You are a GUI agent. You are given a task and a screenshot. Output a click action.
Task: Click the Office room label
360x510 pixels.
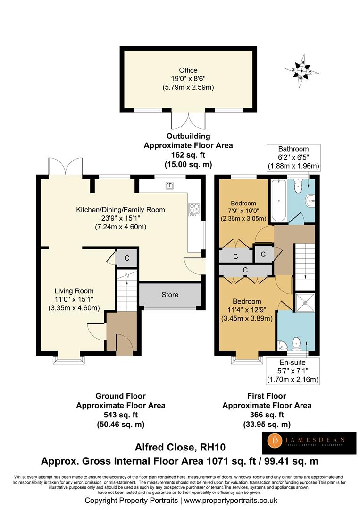[188, 70]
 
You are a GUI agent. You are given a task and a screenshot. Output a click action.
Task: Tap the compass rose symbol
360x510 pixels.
[301, 70]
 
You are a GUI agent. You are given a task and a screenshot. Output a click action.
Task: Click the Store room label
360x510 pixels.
[170, 295]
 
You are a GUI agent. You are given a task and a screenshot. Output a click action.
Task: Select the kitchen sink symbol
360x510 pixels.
[169, 186]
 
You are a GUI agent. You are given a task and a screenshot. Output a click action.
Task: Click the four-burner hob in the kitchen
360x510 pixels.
[194, 209]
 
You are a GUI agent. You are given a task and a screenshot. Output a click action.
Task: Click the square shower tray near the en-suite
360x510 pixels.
[305, 302]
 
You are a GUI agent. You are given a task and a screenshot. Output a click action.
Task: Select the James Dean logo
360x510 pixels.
[309, 442]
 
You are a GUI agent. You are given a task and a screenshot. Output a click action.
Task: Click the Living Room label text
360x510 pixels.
[74, 291]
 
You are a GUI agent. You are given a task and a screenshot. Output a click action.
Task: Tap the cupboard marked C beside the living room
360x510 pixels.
[127, 258]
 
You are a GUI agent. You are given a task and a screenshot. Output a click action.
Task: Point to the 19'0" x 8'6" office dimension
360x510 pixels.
[188, 79]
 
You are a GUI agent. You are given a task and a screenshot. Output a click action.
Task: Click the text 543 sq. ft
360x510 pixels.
[120, 415]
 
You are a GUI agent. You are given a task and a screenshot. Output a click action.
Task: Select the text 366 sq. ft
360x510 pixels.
[267, 415]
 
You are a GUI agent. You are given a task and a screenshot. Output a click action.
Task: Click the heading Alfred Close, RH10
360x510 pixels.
[180, 448]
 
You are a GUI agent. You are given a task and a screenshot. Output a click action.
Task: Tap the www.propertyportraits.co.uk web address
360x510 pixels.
[230, 501]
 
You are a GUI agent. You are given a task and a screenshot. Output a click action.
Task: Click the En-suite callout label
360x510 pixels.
[293, 362]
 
